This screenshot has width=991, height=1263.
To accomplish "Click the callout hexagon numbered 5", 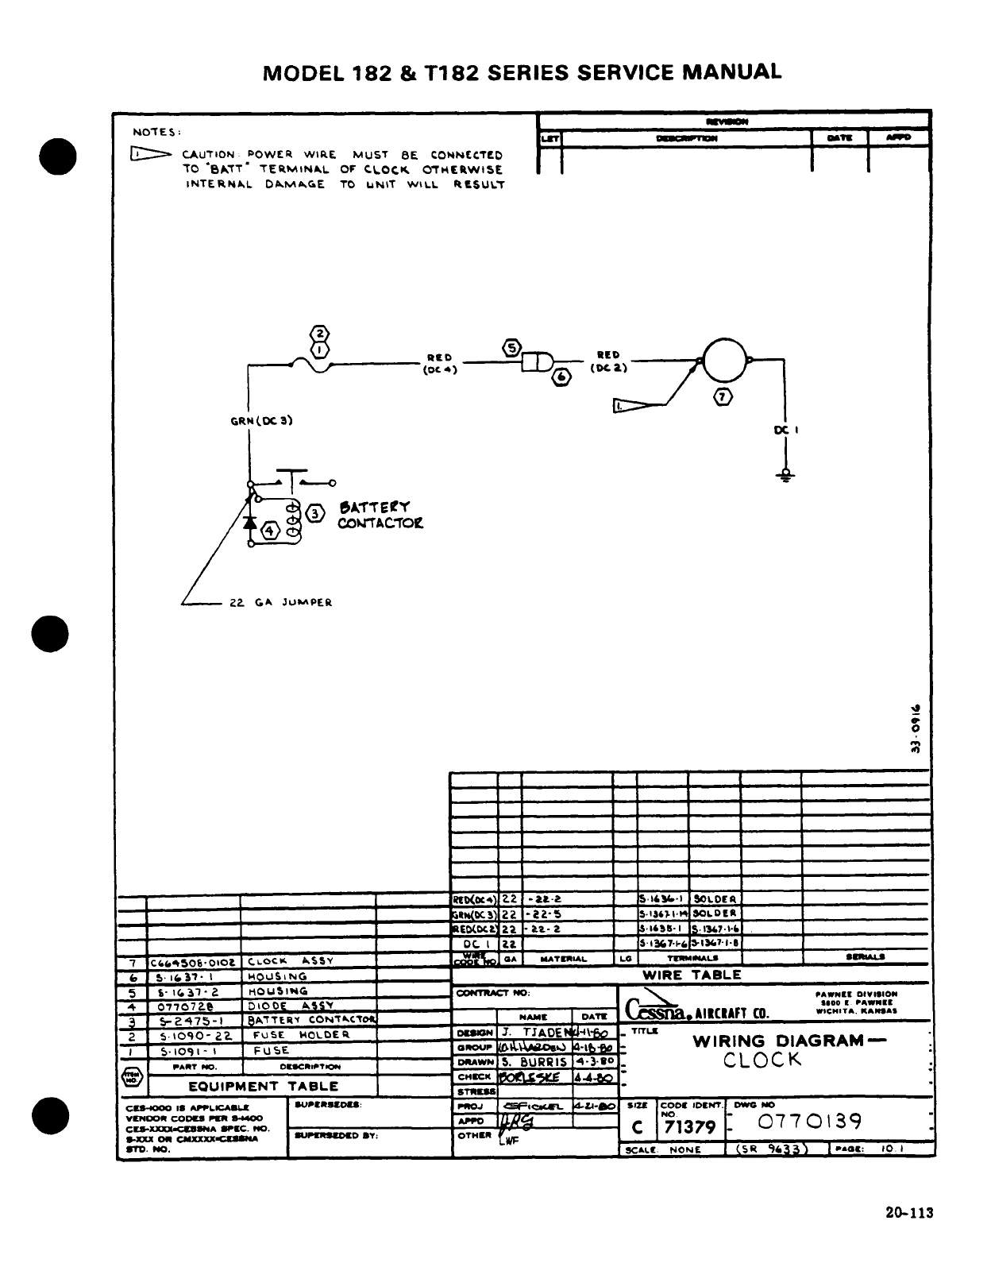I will click(x=511, y=347).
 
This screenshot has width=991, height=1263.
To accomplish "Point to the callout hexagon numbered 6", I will click(x=562, y=378).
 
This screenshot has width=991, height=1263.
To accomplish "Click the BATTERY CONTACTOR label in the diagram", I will click(x=380, y=515).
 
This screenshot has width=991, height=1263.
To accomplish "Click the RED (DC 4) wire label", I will click(x=438, y=363).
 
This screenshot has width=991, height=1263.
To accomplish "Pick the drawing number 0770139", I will click(x=809, y=1121).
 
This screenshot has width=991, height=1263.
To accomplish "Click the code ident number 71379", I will click(x=689, y=1126).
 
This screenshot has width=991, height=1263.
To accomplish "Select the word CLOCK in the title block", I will click(x=762, y=1060).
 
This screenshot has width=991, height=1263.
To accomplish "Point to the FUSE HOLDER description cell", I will click(x=301, y=1035).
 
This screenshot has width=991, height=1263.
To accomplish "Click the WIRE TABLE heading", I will click(x=692, y=975).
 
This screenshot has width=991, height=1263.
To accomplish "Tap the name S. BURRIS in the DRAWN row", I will click(x=534, y=1062).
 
